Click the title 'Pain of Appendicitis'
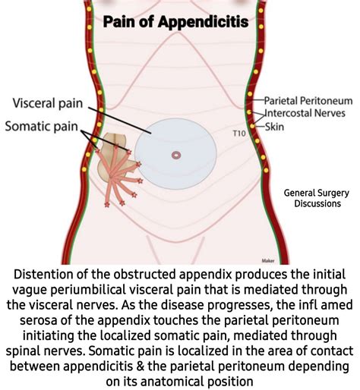(x=175, y=21)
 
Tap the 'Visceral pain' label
(x=49, y=102)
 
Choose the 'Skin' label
(x=274, y=126)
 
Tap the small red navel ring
(x=176, y=155)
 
